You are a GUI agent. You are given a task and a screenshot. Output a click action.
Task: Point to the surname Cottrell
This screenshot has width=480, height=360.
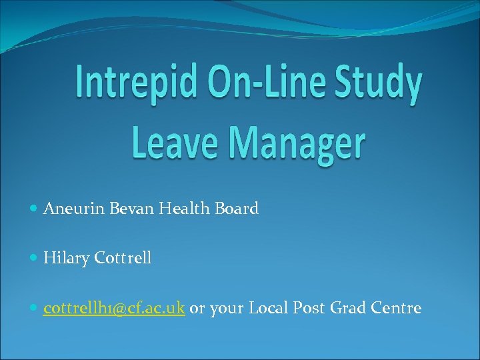(x=123, y=258)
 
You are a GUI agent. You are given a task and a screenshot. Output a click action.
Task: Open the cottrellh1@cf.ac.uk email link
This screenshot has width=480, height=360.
(x=113, y=308)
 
